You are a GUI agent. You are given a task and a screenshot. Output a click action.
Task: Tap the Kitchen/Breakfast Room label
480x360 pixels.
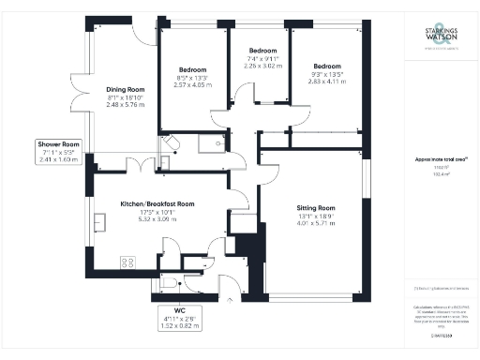[x=157, y=203]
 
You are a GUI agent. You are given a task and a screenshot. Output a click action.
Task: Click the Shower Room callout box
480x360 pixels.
[x=59, y=151]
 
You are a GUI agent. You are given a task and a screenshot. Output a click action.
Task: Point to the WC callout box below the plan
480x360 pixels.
[x=180, y=316]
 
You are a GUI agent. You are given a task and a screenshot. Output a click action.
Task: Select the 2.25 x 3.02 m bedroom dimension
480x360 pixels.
[x=262, y=67]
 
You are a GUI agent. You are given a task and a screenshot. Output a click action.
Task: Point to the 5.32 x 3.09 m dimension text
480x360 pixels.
[x=157, y=219]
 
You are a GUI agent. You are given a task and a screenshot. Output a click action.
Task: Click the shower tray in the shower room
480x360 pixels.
[x=183, y=143]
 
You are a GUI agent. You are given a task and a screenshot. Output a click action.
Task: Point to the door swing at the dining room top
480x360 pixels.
[x=143, y=33]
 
